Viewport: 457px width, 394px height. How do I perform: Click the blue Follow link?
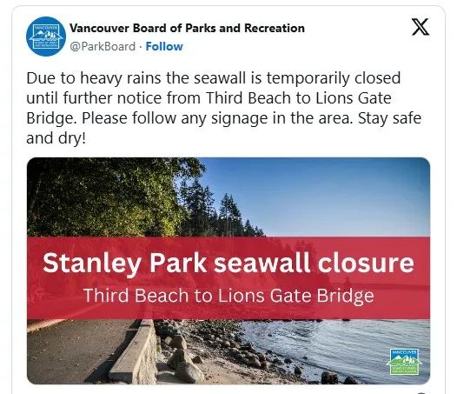(x=164, y=46)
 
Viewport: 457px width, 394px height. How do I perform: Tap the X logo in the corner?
(x=420, y=27)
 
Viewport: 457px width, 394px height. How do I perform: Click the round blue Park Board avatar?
(x=46, y=37)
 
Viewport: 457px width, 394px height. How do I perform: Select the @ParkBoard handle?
(x=103, y=46)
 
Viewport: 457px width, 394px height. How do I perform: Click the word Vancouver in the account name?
(x=99, y=28)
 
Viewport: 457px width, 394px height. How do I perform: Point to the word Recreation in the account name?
(x=275, y=28)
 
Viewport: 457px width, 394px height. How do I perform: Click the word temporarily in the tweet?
(x=308, y=79)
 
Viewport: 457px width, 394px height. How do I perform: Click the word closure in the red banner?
(x=366, y=263)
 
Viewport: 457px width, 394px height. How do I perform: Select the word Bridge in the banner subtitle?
(x=346, y=297)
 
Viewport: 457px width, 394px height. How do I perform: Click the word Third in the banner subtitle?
(x=106, y=296)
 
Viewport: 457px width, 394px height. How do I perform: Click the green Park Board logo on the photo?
(x=404, y=362)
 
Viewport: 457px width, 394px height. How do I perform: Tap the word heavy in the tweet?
(x=101, y=79)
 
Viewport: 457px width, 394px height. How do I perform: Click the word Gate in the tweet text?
(x=374, y=98)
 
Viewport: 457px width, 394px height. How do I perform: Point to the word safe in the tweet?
(x=407, y=118)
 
